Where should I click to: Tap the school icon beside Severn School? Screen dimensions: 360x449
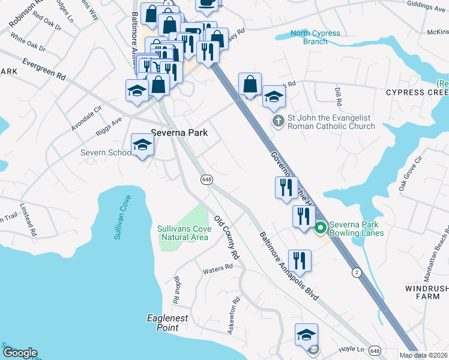142,145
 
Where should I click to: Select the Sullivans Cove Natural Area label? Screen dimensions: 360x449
184,232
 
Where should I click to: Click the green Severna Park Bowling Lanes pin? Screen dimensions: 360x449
320,227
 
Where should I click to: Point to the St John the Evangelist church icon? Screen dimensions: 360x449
278,122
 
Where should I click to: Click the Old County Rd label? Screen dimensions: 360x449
227,238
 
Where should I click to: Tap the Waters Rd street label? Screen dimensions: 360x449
217,270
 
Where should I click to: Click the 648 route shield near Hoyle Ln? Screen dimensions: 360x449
375,350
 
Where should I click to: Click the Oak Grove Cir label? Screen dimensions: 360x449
412,173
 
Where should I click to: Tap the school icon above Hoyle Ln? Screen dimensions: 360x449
306,335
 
